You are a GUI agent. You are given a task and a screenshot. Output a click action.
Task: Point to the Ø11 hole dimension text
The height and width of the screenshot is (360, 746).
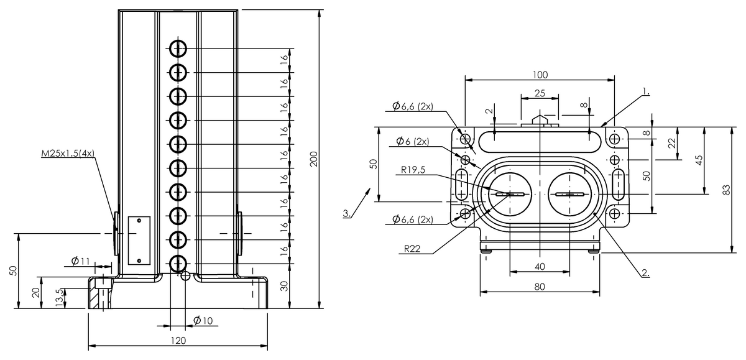80,261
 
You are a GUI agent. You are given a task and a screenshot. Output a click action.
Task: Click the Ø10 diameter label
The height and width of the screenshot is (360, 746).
203,320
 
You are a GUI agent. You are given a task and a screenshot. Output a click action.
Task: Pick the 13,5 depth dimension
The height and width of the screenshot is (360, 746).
60,296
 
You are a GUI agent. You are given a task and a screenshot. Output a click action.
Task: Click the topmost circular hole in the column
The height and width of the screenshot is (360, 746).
178,48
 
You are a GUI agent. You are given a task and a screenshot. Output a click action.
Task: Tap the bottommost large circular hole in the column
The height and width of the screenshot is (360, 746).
178,263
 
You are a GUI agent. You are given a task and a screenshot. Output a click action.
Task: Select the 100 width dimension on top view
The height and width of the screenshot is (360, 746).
540,75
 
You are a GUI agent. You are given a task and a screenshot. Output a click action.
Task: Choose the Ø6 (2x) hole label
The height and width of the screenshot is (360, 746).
410,142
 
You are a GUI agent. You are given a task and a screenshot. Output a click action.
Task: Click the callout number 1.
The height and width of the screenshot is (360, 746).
646,91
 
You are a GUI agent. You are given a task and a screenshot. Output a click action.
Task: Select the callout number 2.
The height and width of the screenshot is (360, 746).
645,272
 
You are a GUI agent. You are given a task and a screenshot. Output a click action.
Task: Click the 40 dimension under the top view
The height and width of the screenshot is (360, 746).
540,266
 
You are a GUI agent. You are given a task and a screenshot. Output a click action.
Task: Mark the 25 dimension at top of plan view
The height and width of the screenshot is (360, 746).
540,93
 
